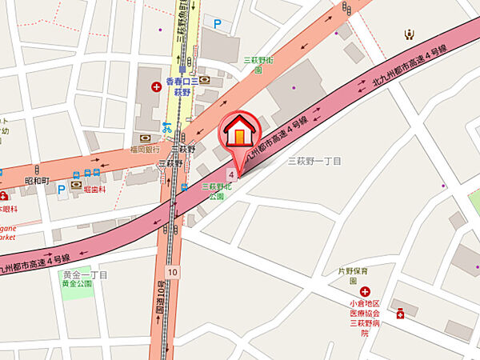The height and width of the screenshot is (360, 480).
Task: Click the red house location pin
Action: click(x=238, y=132)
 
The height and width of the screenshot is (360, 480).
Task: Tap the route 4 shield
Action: click(x=231, y=174)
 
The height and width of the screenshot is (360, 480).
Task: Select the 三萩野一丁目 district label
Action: click(x=314, y=161)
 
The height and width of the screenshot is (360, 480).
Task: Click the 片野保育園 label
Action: click(x=353, y=275)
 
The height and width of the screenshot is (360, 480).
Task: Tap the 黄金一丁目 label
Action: click(x=84, y=274)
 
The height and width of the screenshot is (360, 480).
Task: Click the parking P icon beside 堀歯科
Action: click(x=60, y=190)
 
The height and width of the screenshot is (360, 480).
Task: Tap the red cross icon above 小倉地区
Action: click(x=365, y=292)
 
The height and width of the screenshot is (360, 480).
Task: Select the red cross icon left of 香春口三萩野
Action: click(x=156, y=86)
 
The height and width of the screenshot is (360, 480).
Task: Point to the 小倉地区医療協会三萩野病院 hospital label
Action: click(x=364, y=318)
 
